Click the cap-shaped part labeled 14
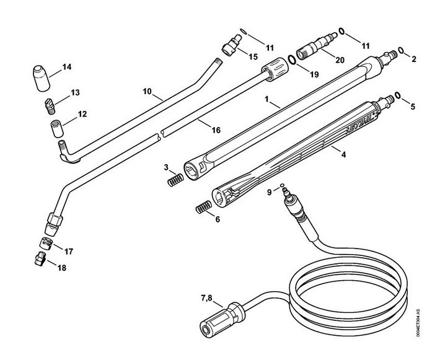pyautogui.click(x=42, y=78)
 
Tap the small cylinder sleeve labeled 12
pyautogui.click(x=57, y=129)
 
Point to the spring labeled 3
pyautogui.click(x=175, y=180)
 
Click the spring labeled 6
pyautogui.click(x=203, y=207)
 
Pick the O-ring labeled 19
pyautogui.click(x=292, y=59)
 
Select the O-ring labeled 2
pyautogui.click(x=401, y=51)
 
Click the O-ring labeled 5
pyautogui.click(x=397, y=95)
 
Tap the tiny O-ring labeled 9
pyautogui.click(x=283, y=185)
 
